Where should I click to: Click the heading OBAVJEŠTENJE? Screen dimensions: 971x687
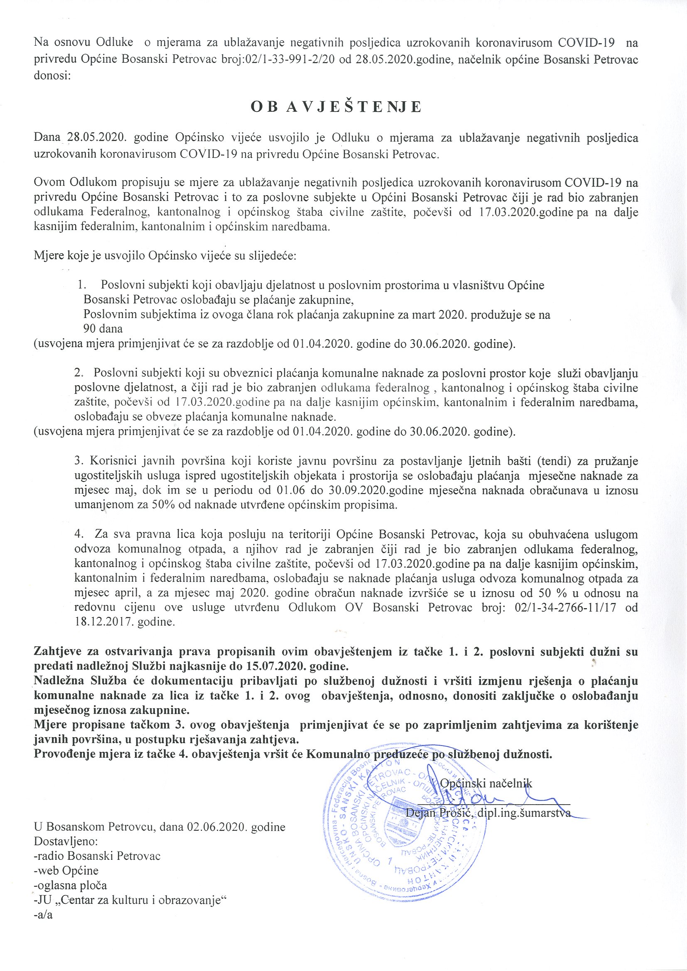336,107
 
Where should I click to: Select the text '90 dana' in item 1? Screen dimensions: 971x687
103,329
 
